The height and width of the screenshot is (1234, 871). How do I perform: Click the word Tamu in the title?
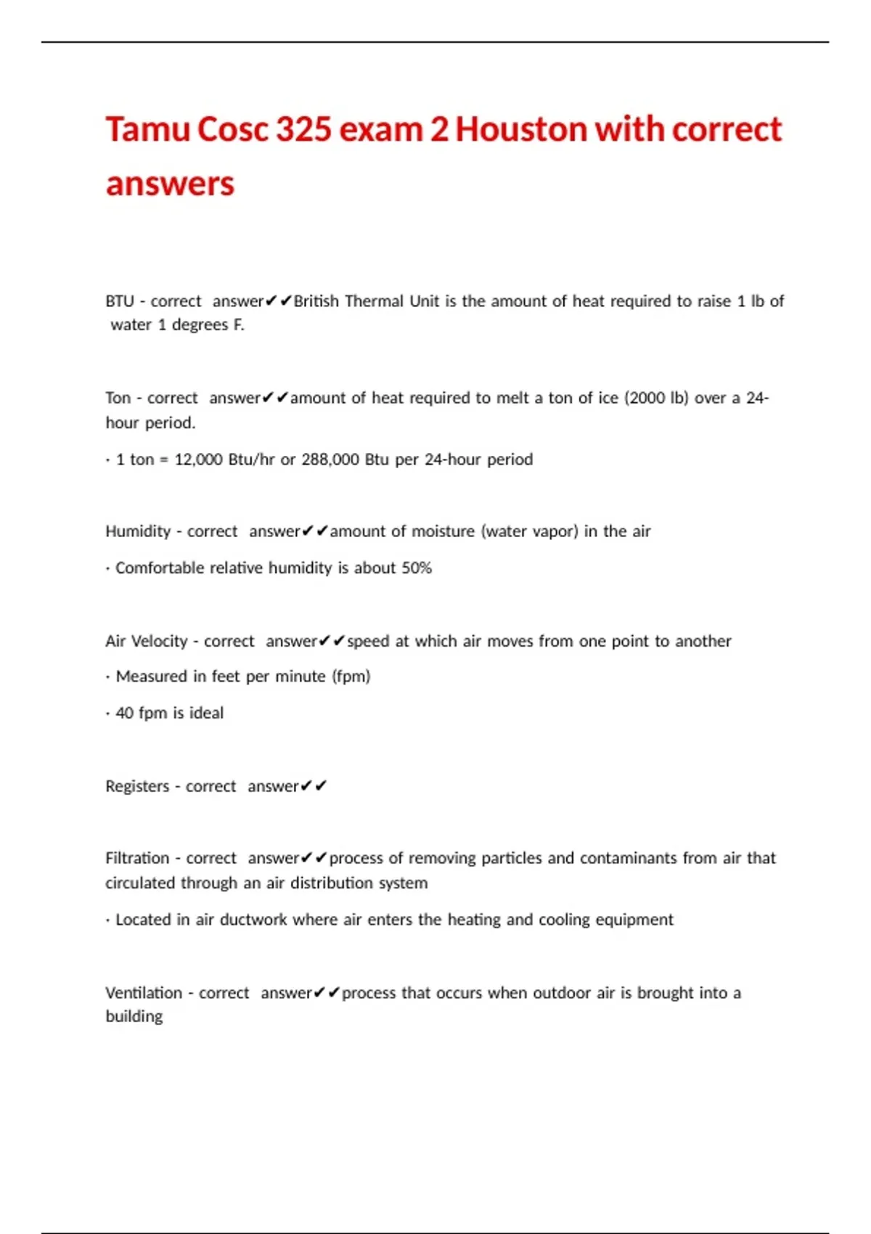click(x=147, y=129)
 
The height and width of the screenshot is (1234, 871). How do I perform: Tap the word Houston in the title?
click(x=521, y=129)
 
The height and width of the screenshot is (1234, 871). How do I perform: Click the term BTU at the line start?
click(x=120, y=301)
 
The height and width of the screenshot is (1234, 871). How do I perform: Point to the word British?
click(x=316, y=301)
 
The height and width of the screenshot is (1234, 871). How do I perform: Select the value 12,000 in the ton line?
click(x=198, y=459)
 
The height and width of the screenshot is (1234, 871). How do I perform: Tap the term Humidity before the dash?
click(x=138, y=531)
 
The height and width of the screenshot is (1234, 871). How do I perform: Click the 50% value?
click(x=417, y=568)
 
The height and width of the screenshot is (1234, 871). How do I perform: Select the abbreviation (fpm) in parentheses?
click(x=351, y=677)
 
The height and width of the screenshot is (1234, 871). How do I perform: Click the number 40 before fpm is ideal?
click(x=125, y=713)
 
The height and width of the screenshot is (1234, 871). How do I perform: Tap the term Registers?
click(x=137, y=786)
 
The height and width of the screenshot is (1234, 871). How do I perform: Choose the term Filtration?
click(x=137, y=858)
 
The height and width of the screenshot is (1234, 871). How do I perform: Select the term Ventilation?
click(x=144, y=993)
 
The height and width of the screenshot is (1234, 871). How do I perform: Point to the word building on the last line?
click(x=134, y=1016)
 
